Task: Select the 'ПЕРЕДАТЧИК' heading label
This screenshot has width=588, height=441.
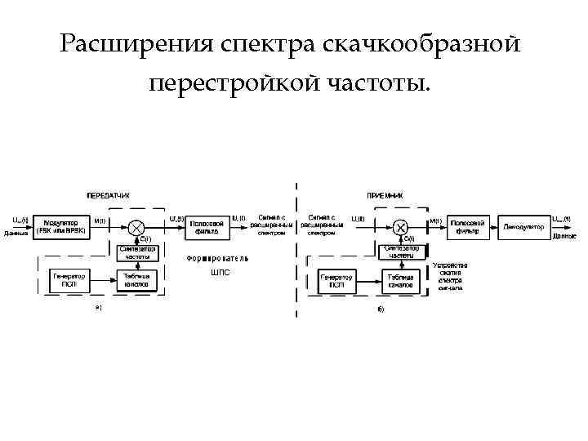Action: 109,195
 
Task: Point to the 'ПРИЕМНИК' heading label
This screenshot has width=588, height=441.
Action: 385,196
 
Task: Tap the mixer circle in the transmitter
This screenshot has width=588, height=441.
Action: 138,226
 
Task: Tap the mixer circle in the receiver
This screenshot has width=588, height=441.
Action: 399,226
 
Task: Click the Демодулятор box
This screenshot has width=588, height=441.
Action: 523,226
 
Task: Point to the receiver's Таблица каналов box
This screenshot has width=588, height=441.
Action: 400,281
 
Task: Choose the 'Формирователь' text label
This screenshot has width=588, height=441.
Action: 216,259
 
